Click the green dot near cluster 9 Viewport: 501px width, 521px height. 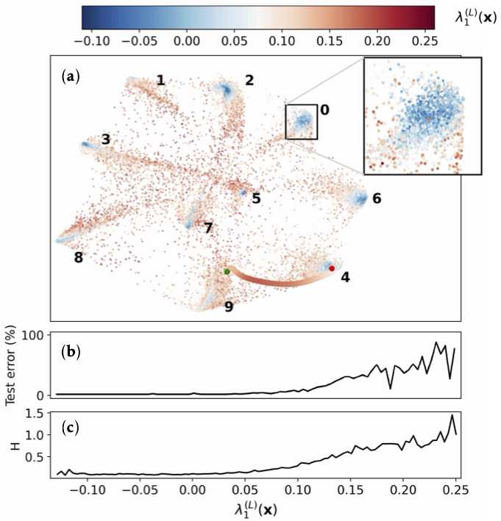(x=227, y=272)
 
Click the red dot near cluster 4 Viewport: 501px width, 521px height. (x=332, y=269)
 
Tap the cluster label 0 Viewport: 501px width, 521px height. (x=324, y=109)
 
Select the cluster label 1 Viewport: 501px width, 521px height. (x=160, y=79)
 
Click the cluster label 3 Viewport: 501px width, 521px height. (x=106, y=139)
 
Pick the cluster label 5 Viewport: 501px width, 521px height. (x=256, y=198)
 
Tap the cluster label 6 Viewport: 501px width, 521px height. (x=377, y=198)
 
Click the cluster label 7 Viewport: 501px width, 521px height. (x=208, y=229)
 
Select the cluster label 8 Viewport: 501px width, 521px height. (x=78, y=257)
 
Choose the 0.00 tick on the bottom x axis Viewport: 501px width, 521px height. (x=192, y=489)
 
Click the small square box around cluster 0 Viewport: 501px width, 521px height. (x=302, y=121)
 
